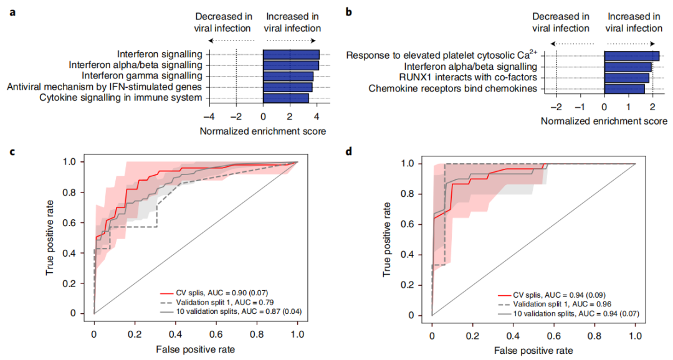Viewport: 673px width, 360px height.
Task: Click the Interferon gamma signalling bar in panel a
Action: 288,76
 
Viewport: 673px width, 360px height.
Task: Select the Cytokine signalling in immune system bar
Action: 286,98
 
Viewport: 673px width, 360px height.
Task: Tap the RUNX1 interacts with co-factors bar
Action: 627,78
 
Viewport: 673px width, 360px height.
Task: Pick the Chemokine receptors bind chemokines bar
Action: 624,88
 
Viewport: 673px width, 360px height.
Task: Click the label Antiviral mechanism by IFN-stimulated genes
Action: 105,87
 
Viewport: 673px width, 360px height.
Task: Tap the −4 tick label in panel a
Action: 209,116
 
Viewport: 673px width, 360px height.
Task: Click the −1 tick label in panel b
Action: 581,107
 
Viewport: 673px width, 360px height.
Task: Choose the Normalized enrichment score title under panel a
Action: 263,131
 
